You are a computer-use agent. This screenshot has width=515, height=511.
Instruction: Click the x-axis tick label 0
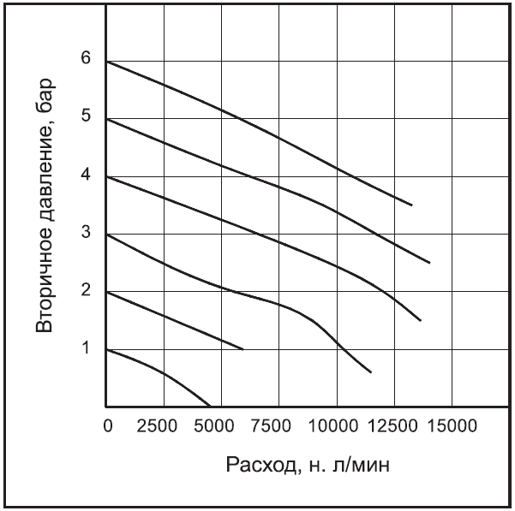pyautogui.click(x=107, y=425)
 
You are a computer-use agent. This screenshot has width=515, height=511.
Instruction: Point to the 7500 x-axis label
pyautogui.click(x=279, y=425)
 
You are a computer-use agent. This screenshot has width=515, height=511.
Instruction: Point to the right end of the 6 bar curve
pyautogui.click(x=412, y=205)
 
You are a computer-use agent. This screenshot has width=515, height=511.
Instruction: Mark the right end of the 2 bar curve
pyautogui.click(x=243, y=349)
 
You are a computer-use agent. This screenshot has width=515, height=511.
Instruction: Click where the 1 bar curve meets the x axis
pyautogui.click(x=210, y=406)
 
